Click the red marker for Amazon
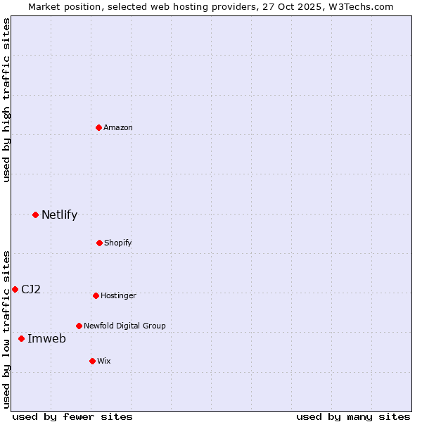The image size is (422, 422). pos(98,127)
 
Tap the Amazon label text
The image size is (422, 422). pos(118,127)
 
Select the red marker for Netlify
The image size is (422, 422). pos(35,215)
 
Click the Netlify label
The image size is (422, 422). pos(59,215)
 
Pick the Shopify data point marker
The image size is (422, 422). pos(99,243)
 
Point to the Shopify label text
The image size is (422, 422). pos(117,243)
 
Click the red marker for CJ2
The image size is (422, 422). pos(15,289)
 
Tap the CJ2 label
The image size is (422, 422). pos(31,289)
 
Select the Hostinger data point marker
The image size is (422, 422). pos(96,295)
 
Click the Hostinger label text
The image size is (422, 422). pos(118,295)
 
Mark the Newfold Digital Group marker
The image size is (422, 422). pos(79,326)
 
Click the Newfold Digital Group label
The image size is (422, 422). pos(124,326)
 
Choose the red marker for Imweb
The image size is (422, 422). pos(21,338)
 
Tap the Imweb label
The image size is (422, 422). pos(46,339)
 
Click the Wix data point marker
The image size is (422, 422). pos(92,361)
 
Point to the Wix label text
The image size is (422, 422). pos(104,361)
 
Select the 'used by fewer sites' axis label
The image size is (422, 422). pos(72,416)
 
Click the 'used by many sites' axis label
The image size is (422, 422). pos(353,416)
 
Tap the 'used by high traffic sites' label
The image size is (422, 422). pos(6,100)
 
